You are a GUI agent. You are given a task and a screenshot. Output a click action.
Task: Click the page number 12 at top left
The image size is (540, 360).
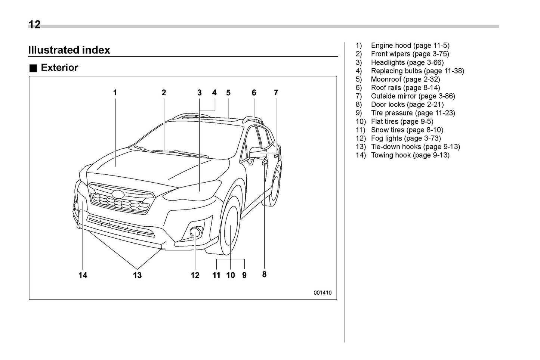pos(34,25)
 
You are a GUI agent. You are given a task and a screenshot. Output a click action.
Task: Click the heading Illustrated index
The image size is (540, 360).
pos(69,50)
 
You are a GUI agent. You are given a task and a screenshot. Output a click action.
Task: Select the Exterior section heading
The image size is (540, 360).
pos(59,68)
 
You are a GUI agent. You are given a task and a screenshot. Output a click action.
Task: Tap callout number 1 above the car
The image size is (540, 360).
pos(115,93)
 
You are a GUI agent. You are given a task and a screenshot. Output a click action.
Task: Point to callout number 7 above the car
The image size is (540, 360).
pos(276,93)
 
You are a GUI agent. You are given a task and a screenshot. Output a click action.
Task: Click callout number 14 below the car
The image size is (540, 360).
pos(83,275)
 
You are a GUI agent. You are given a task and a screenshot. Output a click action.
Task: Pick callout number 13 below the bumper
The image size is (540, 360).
pos(137,275)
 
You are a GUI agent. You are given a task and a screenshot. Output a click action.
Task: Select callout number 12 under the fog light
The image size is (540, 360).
pos(195,275)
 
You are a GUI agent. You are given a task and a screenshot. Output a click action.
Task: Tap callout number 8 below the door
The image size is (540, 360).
pos(264,274)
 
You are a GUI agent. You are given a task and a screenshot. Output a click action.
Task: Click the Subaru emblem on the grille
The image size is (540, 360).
pos(118,195)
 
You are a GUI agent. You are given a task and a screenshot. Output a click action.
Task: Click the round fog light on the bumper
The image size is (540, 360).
pos(195,232)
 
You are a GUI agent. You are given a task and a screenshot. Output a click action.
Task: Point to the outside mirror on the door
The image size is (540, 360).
pos(258,153)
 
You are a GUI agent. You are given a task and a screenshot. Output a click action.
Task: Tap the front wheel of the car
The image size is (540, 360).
pos(231,227)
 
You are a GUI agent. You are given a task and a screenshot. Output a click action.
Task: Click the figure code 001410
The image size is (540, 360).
pos(322,293)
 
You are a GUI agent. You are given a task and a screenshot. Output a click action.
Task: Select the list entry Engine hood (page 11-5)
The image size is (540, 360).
pos(410,46)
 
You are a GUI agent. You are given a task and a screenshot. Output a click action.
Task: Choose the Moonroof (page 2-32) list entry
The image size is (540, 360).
pos(405,79)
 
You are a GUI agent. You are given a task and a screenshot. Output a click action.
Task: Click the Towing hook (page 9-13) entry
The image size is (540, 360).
pos(410,155)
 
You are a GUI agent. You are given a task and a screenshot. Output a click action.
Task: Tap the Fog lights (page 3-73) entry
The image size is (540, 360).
pos(405,138)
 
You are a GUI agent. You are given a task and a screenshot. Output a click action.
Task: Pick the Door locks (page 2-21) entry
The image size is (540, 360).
pos(407,105)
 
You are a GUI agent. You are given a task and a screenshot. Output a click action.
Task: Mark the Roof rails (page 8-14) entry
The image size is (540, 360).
pos(405,88)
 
